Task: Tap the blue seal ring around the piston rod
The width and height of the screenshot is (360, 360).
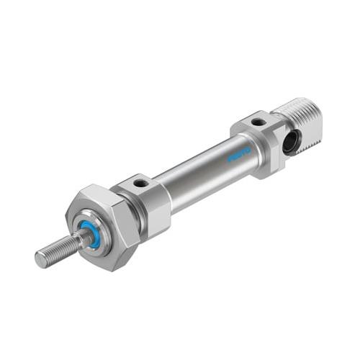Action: [x=91, y=236]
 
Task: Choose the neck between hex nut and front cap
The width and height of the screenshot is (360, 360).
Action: [x=135, y=216]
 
